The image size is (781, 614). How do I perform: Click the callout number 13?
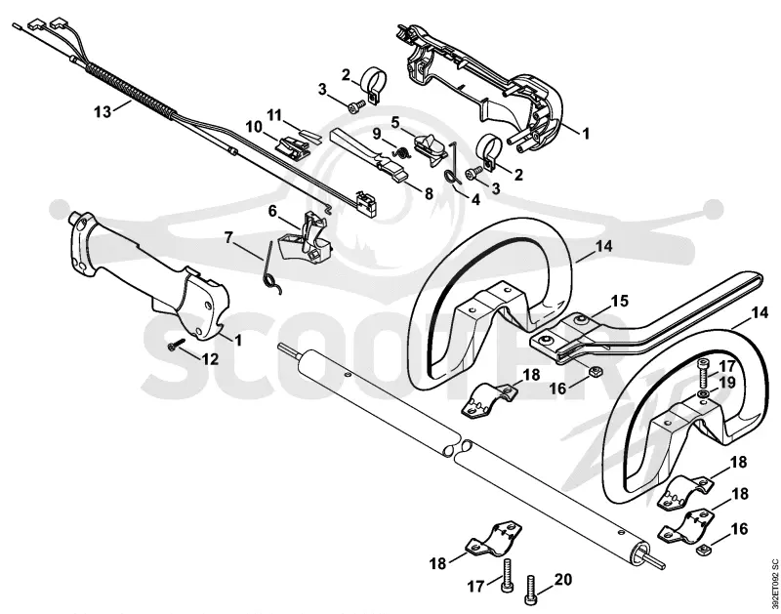(x=103, y=112)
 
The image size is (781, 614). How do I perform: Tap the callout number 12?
(x=210, y=358)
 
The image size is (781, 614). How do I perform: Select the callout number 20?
(x=563, y=580)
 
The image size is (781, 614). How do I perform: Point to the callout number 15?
(x=619, y=302)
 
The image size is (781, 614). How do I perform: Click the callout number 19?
(x=727, y=383)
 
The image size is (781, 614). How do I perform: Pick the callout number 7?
(x=228, y=237)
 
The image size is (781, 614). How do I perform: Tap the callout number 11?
(x=274, y=115)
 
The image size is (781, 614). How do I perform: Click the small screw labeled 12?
(x=177, y=345)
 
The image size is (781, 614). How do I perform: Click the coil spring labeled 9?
(x=401, y=151)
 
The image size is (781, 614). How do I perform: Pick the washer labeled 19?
(x=703, y=395)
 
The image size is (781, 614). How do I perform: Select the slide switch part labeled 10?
(x=292, y=146)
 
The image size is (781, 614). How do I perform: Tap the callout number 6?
(x=272, y=211)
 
